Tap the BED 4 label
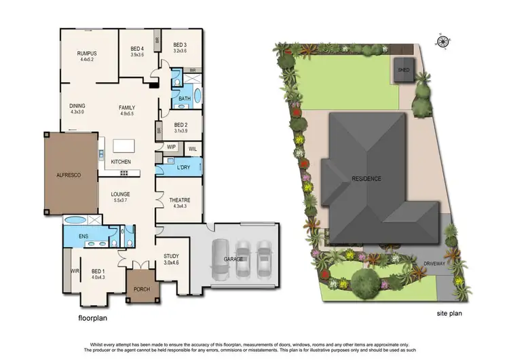click(137, 48)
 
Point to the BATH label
click(184, 98)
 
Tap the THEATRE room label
click(180, 200)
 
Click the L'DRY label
click(183, 167)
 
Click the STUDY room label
click(171, 256)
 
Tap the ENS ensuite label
click(83, 236)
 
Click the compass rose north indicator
click(443, 41)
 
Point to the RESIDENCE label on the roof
click(366, 179)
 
